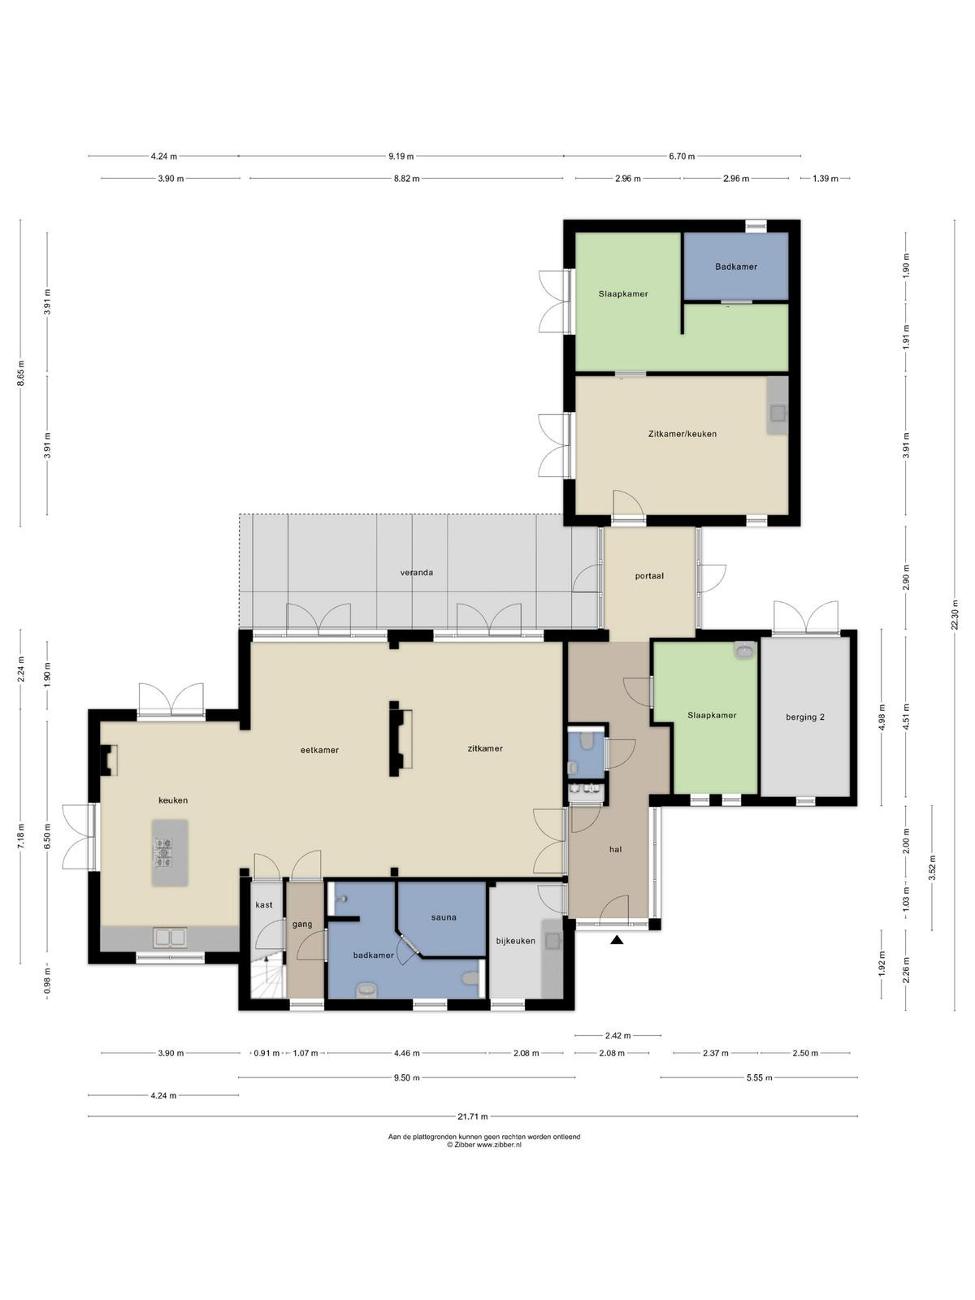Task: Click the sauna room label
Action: (x=444, y=917)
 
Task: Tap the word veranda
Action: (x=416, y=573)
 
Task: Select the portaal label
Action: (x=649, y=576)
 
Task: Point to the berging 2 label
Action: (x=805, y=717)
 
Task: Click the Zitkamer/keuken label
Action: (x=682, y=434)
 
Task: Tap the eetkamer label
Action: (x=319, y=751)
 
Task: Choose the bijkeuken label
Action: (x=516, y=941)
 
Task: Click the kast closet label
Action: (x=264, y=905)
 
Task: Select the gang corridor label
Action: (x=302, y=925)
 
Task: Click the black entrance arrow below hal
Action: (x=617, y=940)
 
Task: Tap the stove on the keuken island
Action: (x=163, y=853)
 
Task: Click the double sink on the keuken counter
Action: (x=170, y=938)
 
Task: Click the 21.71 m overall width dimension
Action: (x=472, y=1116)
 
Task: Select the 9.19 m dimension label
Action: (x=401, y=156)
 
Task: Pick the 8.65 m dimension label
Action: (x=21, y=374)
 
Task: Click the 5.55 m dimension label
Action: (x=759, y=1077)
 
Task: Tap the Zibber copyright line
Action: (x=483, y=1145)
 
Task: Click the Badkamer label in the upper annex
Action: (x=736, y=267)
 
